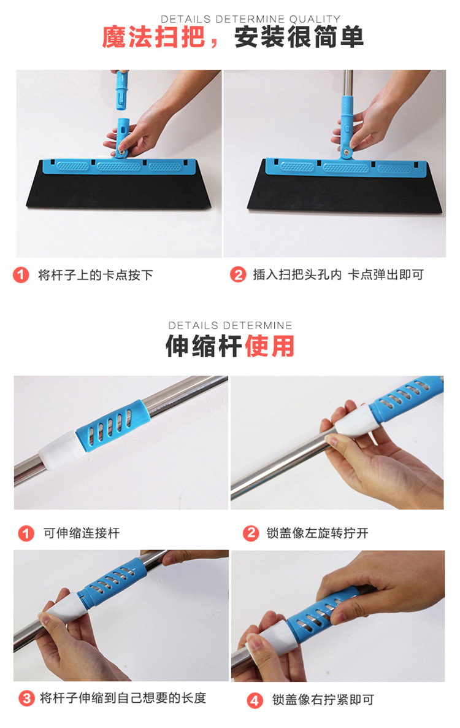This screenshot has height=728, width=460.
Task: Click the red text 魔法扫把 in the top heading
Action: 153,37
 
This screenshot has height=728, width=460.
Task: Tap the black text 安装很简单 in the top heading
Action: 299,37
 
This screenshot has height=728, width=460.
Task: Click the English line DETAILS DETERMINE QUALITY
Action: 250,19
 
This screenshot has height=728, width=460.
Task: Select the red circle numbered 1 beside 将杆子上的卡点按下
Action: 21,275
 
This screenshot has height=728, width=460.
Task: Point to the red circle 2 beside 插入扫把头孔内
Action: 238,274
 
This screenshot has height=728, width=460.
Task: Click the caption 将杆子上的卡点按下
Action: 96,275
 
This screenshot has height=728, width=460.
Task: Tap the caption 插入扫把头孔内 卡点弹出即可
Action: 338,274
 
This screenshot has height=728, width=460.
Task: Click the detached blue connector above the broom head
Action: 122,90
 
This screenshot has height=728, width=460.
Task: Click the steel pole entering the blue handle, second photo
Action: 348,83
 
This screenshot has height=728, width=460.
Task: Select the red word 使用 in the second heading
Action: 270,346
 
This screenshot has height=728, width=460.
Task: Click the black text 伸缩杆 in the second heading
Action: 204,346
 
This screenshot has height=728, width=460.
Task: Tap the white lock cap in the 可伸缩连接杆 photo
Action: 61,449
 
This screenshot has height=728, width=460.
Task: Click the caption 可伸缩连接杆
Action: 82,533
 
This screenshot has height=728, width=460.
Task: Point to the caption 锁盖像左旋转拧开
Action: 317,533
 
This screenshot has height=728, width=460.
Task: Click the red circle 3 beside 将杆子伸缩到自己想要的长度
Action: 26,698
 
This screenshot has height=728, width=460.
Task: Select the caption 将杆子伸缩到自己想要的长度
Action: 123,697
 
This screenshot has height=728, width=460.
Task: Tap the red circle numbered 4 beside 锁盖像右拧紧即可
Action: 254,700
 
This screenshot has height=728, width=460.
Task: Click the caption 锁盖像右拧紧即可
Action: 323,700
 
